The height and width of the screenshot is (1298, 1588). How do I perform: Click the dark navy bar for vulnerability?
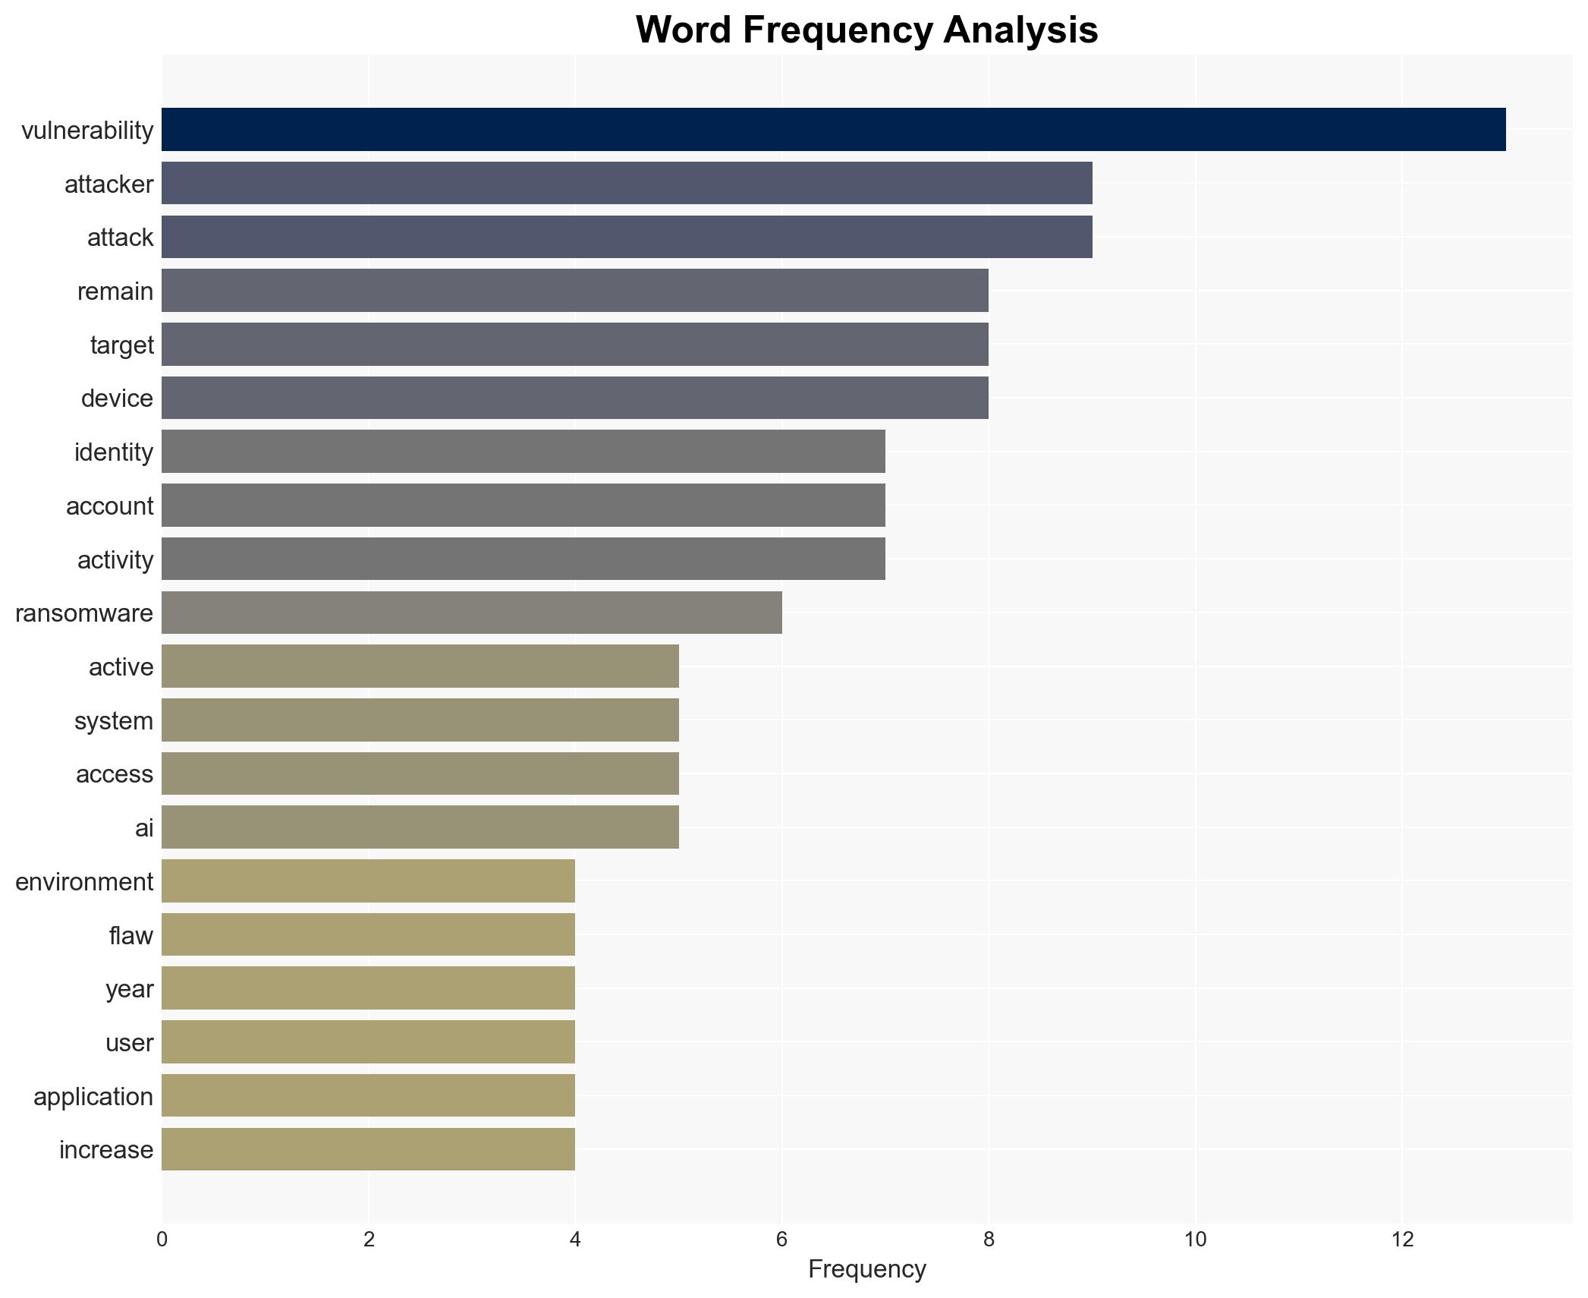(833, 130)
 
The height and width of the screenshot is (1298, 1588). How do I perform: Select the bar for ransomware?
(471, 613)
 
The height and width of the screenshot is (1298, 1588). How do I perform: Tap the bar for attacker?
(627, 184)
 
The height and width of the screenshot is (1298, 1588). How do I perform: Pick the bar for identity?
(523, 452)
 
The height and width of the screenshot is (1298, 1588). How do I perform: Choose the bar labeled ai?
(420, 827)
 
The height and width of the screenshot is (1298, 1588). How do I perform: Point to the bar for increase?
(368, 1149)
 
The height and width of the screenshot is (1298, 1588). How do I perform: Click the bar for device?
(574, 398)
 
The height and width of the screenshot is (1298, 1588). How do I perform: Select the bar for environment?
(368, 881)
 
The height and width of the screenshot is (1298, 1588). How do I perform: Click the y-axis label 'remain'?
(115, 291)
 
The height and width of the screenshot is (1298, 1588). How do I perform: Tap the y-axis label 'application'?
(93, 1096)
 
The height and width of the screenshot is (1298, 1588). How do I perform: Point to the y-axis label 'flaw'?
(130, 935)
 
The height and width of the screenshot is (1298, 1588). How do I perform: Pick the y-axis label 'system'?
(114, 720)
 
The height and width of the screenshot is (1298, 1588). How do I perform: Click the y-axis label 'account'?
(109, 506)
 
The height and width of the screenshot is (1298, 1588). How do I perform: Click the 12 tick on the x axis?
(1402, 1240)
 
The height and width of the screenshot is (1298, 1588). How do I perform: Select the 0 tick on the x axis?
(162, 1240)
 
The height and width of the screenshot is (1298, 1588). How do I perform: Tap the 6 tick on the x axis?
(781, 1240)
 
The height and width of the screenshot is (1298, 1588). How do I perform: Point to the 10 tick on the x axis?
(1195, 1240)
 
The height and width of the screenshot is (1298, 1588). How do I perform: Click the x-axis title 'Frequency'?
(866, 1269)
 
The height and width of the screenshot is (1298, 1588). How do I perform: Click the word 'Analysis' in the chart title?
(1020, 30)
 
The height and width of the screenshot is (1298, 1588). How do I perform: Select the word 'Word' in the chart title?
(684, 30)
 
